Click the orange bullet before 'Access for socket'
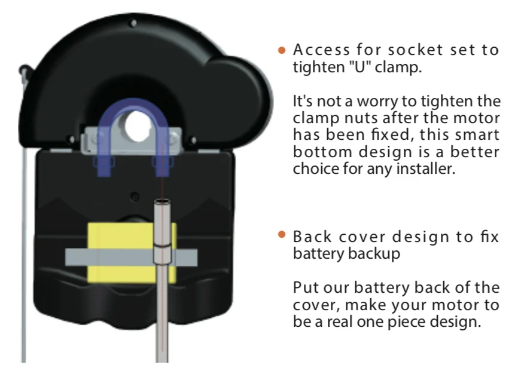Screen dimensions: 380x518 click(283, 51)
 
